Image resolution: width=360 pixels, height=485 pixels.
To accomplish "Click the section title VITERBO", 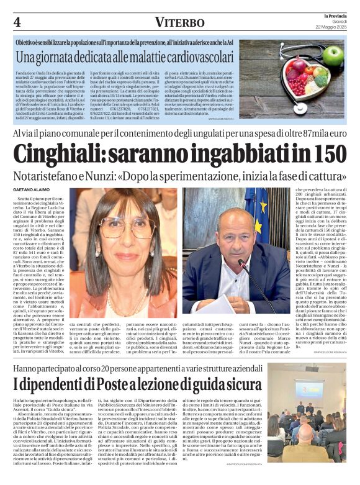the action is [x=179, y=22].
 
